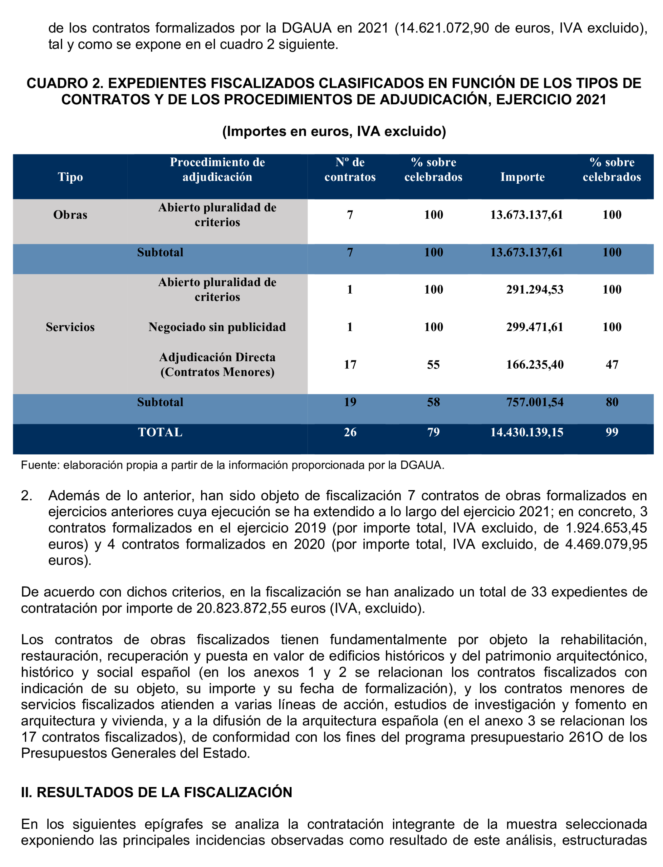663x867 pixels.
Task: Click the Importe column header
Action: pyautogui.click(x=522, y=177)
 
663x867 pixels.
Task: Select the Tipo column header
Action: pyautogui.click(x=70, y=177)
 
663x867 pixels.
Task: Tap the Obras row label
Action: pyautogui.click(x=70, y=215)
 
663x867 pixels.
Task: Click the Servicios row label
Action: pyautogui.click(x=70, y=327)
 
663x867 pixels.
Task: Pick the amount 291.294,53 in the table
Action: pyautogui.click(x=534, y=290)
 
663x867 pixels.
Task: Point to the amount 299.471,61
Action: pyautogui.click(x=534, y=327)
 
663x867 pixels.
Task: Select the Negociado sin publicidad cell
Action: pyautogui.click(x=217, y=327)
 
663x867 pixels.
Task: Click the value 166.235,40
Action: pyautogui.click(x=534, y=364)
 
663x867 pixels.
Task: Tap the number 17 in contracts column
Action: pyautogui.click(x=350, y=364)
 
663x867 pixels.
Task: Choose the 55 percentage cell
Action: pyautogui.click(x=433, y=364)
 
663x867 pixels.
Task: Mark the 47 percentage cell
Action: pyautogui.click(x=612, y=364)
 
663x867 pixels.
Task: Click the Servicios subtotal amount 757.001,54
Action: pyautogui.click(x=534, y=402)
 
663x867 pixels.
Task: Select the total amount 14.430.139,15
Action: pyautogui.click(x=527, y=432)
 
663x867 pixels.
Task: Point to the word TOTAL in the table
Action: pyautogui.click(x=160, y=432)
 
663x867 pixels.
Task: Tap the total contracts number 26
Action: pyautogui.click(x=350, y=432)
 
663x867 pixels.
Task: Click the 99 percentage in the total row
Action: pyautogui.click(x=612, y=432)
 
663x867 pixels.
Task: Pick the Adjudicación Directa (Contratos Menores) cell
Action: pyautogui.click(x=217, y=364)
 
